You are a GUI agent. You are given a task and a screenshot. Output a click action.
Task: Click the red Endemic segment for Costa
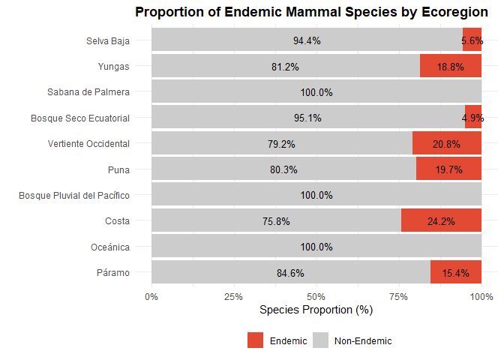click(441, 220)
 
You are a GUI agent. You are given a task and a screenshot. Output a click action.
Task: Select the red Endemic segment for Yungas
click(450, 66)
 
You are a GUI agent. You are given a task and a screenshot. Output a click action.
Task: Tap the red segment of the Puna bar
click(448, 169)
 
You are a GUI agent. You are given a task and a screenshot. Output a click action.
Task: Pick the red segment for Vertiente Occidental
click(447, 143)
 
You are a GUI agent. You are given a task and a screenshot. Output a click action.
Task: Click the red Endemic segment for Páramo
click(456, 272)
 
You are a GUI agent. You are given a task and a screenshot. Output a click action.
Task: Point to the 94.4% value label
click(307, 41)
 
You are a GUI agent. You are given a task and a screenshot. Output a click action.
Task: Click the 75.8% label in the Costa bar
click(276, 221)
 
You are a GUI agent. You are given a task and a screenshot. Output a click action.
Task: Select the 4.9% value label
click(472, 118)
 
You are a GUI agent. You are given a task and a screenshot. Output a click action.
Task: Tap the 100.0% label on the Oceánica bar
click(316, 247)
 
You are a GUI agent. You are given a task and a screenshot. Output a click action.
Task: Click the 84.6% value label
click(290, 273)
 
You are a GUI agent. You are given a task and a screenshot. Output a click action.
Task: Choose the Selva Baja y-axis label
click(108, 40)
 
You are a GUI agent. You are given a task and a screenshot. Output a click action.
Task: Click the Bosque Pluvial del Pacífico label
click(74, 196)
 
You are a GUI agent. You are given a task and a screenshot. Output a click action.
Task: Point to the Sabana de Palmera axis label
click(88, 92)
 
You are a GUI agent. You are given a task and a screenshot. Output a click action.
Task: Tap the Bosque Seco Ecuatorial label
click(80, 118)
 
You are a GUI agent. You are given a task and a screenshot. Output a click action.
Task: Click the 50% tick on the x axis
click(316, 296)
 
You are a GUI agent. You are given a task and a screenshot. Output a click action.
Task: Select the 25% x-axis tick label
click(234, 296)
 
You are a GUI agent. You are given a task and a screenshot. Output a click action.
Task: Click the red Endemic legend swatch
click(256, 340)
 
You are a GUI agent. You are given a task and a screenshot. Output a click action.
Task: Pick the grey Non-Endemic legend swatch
click(321, 340)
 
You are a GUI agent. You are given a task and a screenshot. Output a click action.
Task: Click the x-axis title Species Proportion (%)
click(316, 310)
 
